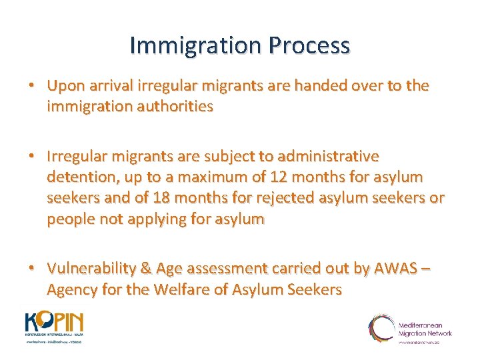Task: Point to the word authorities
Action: tap(175, 105)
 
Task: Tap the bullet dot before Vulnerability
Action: tap(32, 268)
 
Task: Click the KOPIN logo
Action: tap(54, 326)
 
